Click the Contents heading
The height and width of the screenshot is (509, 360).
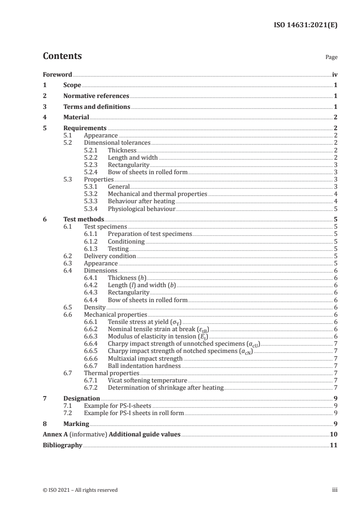(62, 56)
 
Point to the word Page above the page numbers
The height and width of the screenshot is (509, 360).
(331, 58)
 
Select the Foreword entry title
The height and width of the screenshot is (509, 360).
(57, 74)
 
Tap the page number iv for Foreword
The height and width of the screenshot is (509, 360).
(335, 74)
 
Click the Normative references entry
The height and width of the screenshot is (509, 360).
(96, 96)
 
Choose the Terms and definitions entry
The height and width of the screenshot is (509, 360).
(97, 107)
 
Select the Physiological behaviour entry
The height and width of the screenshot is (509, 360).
(141, 209)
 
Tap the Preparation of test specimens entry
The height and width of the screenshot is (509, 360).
(150, 234)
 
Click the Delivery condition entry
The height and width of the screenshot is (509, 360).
(110, 256)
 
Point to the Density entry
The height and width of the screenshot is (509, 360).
(95, 307)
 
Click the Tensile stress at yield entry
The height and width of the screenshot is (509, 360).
(141, 322)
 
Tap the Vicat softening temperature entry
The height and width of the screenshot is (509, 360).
(147, 380)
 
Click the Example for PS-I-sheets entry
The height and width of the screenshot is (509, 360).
(118, 406)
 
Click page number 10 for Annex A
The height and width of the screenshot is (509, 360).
(334, 435)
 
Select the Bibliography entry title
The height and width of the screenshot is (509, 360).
(62, 445)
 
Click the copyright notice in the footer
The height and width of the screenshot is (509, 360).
(80, 490)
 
